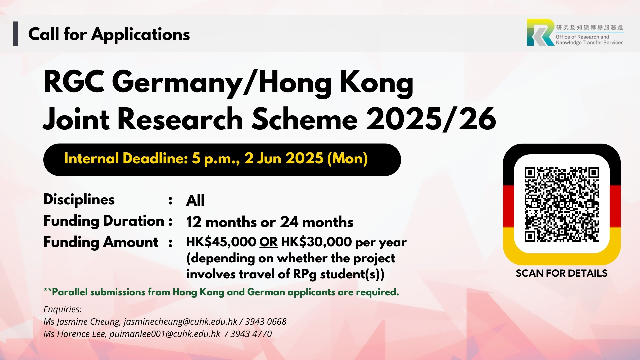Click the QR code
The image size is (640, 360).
click(562, 204)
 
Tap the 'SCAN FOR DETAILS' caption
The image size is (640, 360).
click(562, 273)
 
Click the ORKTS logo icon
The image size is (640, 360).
click(540, 32)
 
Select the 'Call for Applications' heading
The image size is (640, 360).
click(109, 34)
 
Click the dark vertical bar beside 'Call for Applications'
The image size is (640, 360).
click(16, 33)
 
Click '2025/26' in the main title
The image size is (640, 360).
click(431, 119)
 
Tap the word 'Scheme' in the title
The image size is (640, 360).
click(305, 119)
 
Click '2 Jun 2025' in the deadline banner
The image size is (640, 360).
click(284, 158)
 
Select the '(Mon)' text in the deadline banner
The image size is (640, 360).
click(347, 159)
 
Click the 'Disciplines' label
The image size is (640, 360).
click(79, 200)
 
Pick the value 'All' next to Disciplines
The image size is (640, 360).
click(195, 200)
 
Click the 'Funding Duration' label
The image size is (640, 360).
click(104, 221)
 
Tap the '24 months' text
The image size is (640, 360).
click(317, 222)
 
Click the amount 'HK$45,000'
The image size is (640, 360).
click(221, 242)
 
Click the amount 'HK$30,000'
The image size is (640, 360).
click(316, 242)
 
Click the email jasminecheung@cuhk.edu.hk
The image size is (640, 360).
click(180, 322)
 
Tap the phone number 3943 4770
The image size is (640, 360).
click(251, 334)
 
